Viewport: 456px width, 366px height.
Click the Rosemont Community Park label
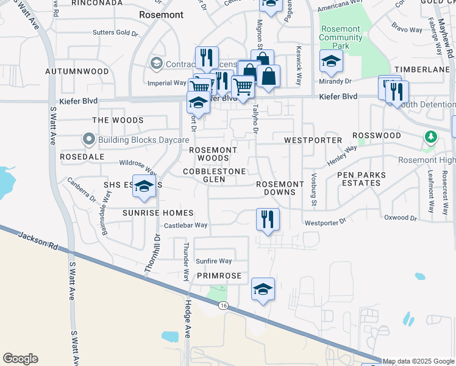pyautogui.click(x=341, y=37)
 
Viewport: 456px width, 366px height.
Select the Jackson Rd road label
pyautogui.click(x=38, y=241)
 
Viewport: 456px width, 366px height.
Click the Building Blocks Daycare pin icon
pyautogui.click(x=89, y=140)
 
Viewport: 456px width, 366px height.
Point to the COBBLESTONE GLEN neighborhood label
pyautogui.click(x=215, y=176)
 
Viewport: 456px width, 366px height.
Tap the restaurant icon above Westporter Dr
pyautogui.click(x=267, y=220)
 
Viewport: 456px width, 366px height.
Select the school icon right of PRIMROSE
pyautogui.click(x=263, y=289)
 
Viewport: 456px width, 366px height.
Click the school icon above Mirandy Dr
pyautogui.click(x=331, y=61)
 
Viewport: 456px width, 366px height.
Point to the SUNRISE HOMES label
pyautogui.click(x=149, y=213)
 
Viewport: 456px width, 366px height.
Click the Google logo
pyautogui.click(x=20, y=359)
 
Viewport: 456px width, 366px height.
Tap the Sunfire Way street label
pyautogui.click(x=214, y=261)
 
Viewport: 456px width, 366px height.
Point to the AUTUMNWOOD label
pyautogui.click(x=77, y=71)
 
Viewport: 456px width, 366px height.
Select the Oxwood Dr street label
pyautogui.click(x=401, y=218)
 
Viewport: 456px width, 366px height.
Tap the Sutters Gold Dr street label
pyautogui.click(x=116, y=32)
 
